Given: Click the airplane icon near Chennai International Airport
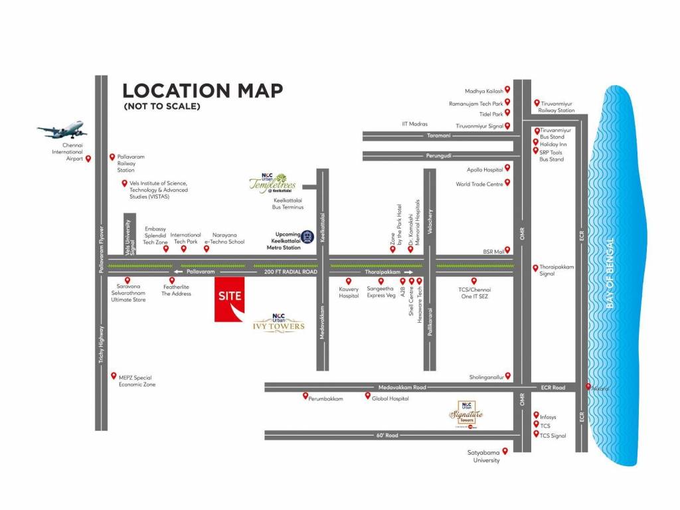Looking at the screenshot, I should pos(62,130).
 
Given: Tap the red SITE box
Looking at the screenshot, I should pos(229,299).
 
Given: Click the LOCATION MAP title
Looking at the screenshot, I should pos(203,91).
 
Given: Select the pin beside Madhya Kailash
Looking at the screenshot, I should pos(507,90).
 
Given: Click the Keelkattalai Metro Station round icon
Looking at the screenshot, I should pos(307,236).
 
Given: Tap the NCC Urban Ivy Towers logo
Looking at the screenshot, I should pos(279,322).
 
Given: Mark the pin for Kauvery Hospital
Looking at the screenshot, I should pos(349,281).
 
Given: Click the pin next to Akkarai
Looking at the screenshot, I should pos(588,386).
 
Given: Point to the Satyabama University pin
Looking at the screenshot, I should pos(505,451).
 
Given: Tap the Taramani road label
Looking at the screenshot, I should pos(438,135).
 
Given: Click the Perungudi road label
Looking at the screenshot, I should pos(438,155).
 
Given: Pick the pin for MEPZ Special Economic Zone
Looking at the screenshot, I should pos(114,376).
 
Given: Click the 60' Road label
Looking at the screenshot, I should pos(386,435).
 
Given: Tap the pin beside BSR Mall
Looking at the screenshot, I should pos(508,250).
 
